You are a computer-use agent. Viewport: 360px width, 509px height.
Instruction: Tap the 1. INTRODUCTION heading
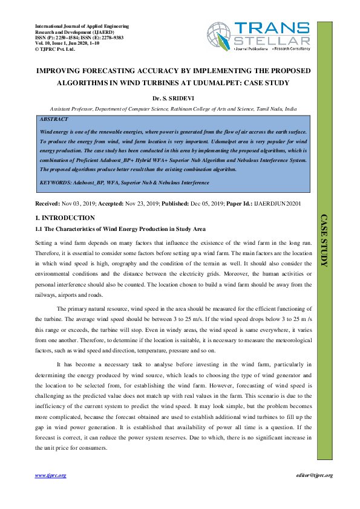65,218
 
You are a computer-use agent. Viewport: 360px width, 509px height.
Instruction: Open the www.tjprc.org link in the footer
50,476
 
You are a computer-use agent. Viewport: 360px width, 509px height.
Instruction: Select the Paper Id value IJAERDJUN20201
280,204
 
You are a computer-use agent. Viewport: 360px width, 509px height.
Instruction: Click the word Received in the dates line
48,204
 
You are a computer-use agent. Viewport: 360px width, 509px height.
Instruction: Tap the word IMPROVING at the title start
62,71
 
